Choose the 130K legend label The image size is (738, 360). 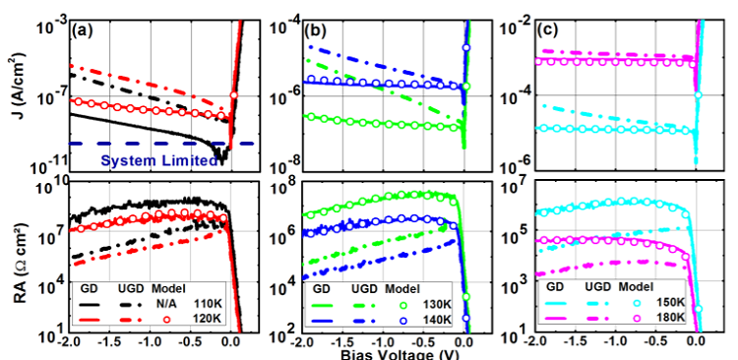[x=446, y=304]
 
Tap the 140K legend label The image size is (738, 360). [x=446, y=320]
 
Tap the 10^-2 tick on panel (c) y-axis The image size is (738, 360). [x=515, y=26]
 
